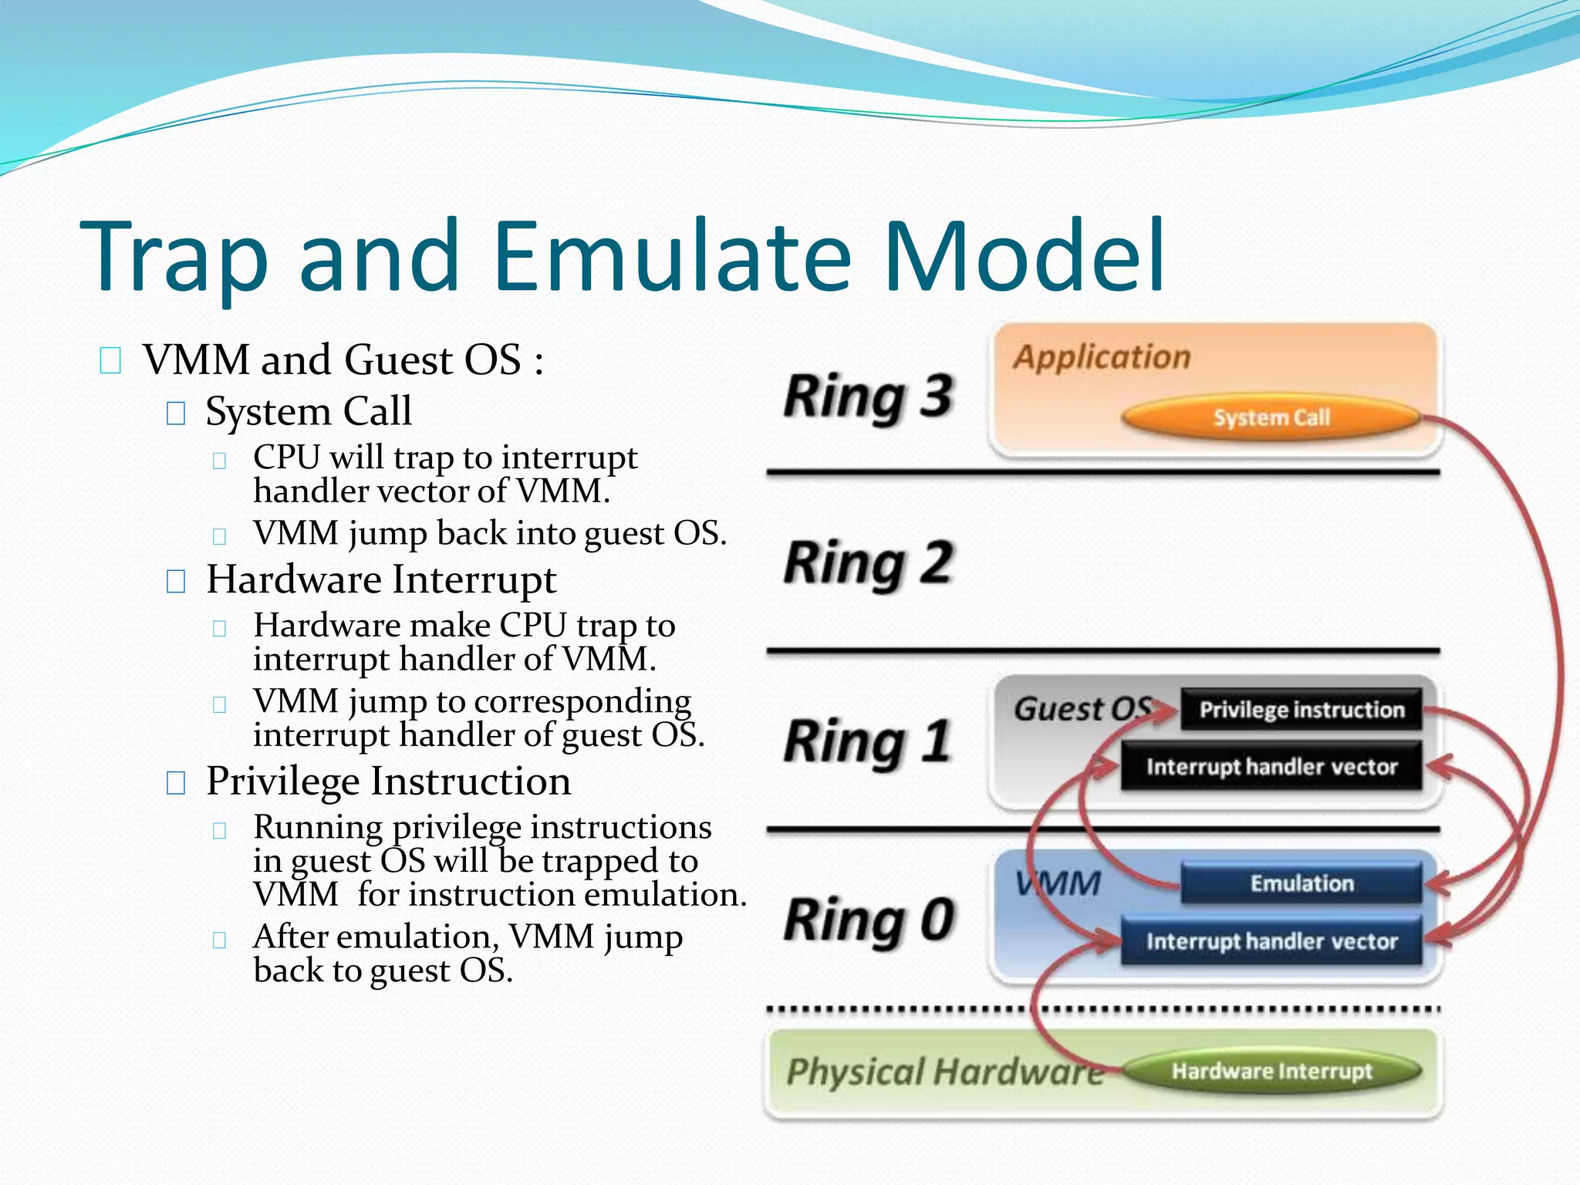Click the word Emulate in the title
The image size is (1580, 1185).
(x=671, y=256)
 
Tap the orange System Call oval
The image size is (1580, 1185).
(x=1271, y=417)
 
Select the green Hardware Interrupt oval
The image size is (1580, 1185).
(x=1271, y=1071)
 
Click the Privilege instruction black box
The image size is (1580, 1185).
(x=1301, y=710)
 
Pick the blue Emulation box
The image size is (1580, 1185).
(x=1301, y=883)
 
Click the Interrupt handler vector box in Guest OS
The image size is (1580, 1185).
(x=1271, y=767)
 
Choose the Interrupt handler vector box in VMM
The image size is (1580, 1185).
(x=1271, y=941)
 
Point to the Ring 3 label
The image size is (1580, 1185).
(x=869, y=397)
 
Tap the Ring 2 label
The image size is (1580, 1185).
(x=869, y=563)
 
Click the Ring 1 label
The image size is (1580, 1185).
(x=867, y=741)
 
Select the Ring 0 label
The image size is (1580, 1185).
(x=869, y=920)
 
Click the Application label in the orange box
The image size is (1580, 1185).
(x=1102, y=357)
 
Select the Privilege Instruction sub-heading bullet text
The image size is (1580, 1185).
(x=388, y=782)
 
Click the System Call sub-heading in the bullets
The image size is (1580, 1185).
(x=308, y=411)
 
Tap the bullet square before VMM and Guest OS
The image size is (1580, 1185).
(x=110, y=360)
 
